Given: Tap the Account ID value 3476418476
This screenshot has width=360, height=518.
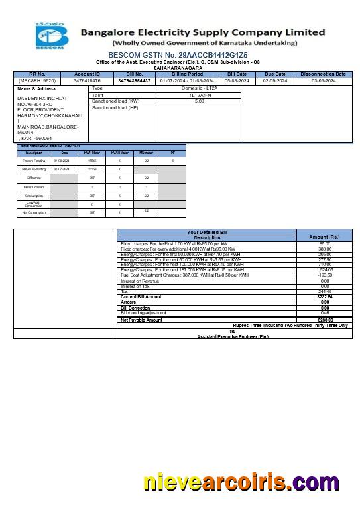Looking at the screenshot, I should (88, 80).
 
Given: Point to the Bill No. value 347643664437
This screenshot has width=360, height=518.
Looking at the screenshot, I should (135, 80).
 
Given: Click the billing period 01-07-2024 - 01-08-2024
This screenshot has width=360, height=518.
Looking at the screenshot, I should (187, 80).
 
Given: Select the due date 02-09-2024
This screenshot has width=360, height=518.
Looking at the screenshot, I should (274, 80).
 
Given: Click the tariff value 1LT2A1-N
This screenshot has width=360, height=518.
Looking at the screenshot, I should (200, 95).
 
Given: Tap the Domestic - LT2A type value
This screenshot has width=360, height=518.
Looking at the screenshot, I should (200, 88).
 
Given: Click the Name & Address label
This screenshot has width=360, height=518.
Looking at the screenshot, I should (34, 88).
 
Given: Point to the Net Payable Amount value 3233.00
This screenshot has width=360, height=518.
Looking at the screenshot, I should (325, 320).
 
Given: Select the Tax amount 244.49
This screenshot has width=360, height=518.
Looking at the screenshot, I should (325, 292).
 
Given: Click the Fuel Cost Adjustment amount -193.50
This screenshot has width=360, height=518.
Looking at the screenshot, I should (325, 275).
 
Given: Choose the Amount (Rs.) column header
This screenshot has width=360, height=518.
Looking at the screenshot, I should (325, 237).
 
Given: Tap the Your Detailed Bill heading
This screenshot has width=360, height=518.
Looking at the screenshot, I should (207, 232).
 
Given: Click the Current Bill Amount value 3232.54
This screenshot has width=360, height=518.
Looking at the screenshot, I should (325, 297).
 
